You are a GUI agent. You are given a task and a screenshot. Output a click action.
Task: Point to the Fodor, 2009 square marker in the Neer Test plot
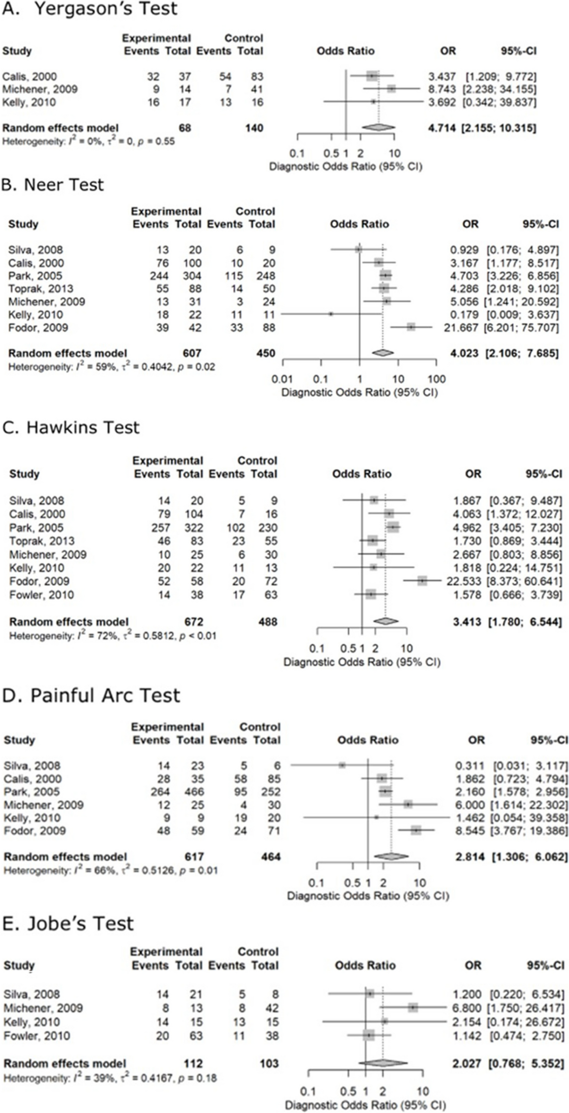click(411, 327)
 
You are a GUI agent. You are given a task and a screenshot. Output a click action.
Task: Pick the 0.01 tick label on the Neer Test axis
click(283, 379)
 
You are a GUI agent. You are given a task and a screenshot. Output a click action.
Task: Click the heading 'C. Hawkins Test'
click(71, 427)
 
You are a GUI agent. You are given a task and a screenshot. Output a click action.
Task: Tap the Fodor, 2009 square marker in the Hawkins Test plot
click(422, 581)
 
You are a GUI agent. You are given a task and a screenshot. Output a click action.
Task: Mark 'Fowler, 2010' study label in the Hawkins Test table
click(41, 594)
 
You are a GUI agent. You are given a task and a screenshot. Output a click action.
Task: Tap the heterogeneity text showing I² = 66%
click(111, 870)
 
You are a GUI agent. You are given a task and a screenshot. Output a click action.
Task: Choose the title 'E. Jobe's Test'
click(68, 924)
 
